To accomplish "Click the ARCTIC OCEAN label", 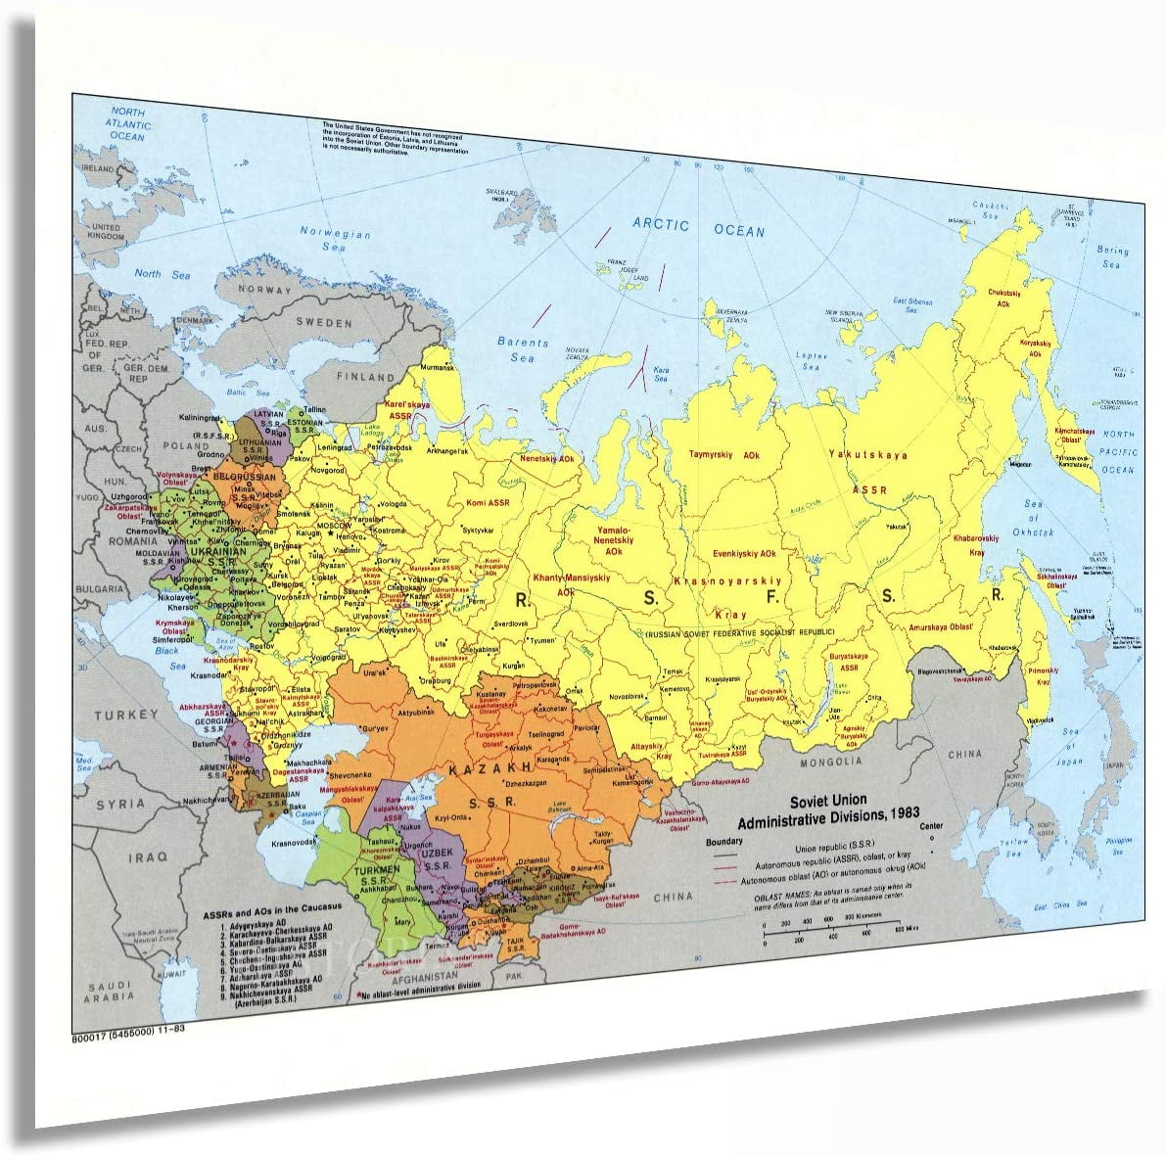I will [x=698, y=228].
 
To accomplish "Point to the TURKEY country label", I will [x=125, y=716].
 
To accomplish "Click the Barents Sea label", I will [x=523, y=349].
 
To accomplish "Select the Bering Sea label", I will [x=1112, y=257].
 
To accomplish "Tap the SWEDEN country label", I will [x=323, y=323].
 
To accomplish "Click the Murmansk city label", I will [x=438, y=367].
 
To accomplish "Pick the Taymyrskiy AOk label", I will [x=723, y=455].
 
